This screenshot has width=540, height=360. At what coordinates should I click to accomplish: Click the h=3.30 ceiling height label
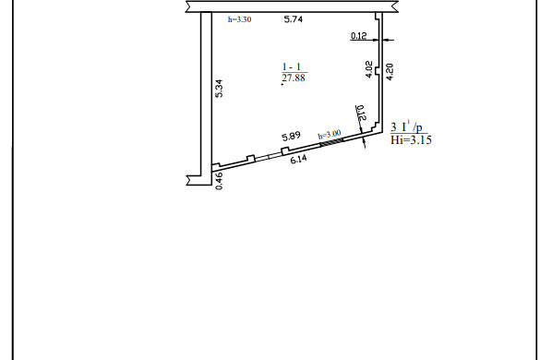click(239, 19)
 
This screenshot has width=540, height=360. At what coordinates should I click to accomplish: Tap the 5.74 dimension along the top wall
click(293, 19)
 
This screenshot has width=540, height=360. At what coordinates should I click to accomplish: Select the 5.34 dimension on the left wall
click(219, 89)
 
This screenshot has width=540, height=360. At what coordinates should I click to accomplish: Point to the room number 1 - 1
click(292, 66)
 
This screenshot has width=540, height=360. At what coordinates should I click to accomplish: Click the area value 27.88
click(294, 78)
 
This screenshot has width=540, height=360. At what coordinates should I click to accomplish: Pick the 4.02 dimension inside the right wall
click(368, 69)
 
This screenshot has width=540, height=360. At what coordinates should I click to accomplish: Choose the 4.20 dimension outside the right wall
click(390, 72)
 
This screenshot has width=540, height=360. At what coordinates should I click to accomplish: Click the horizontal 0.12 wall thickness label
click(358, 35)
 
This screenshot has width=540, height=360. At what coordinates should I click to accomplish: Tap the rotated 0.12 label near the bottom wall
click(361, 113)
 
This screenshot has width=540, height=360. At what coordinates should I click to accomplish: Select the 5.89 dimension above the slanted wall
click(292, 137)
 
